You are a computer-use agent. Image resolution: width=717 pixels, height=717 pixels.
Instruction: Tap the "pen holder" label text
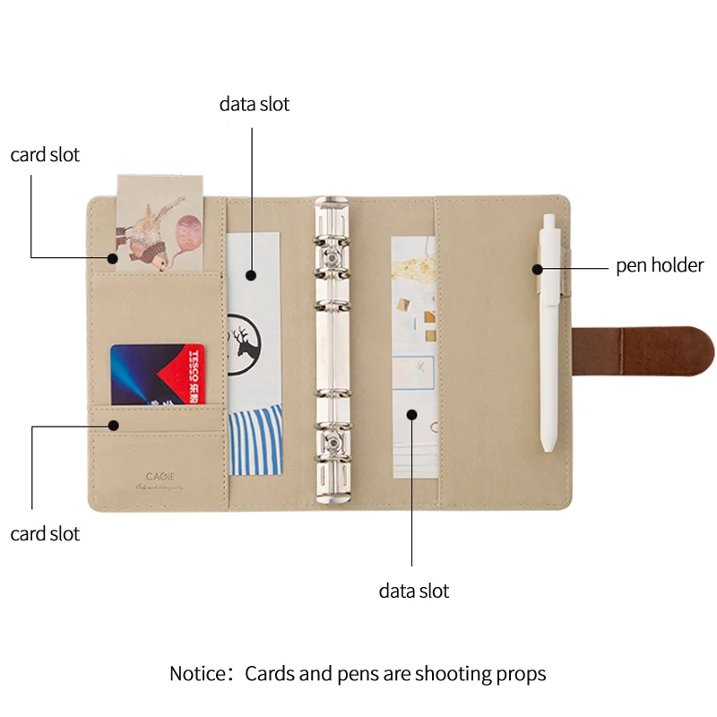click(660, 265)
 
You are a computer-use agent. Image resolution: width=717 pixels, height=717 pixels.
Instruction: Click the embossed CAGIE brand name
click(161, 477)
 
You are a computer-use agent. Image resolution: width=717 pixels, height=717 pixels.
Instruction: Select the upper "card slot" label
click(45, 155)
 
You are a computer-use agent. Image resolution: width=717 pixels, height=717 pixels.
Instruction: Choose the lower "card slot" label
click(45, 534)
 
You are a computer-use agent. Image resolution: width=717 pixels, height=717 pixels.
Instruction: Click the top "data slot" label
click(255, 104)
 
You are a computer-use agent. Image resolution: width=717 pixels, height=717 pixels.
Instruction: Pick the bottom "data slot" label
click(413, 592)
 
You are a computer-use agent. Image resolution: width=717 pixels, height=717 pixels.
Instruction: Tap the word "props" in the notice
click(522, 673)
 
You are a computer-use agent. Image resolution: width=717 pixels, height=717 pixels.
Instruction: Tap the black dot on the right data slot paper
click(412, 414)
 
